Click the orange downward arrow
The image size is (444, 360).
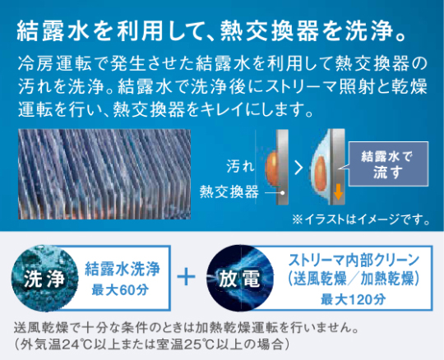pyautogui.click(x=338, y=192)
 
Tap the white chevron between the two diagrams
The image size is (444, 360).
pyautogui.click(x=298, y=168)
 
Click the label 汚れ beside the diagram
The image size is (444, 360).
pyautogui.click(x=240, y=166)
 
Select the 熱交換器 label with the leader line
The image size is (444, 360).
pyautogui.click(x=229, y=192)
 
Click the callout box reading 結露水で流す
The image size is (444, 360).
pyautogui.click(x=388, y=164)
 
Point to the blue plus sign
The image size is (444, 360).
pyautogui.click(x=186, y=276)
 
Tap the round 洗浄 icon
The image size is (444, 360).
pyautogui.click(x=44, y=279)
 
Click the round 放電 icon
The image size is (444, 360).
pyautogui.click(x=240, y=279)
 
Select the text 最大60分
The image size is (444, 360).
pyautogui.click(x=120, y=290)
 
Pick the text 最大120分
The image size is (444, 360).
pyautogui.click(x=353, y=299)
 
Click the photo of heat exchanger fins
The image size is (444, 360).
pyautogui.click(x=104, y=174)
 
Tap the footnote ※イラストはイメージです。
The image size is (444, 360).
pyautogui.click(x=361, y=219)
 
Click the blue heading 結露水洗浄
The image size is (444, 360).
pyautogui.click(x=123, y=269)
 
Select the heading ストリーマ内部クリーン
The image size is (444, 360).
pyautogui.click(x=354, y=261)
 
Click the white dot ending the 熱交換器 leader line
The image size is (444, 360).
pyautogui.click(x=282, y=192)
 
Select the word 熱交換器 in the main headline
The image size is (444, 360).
pyautogui.click(x=270, y=31)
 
